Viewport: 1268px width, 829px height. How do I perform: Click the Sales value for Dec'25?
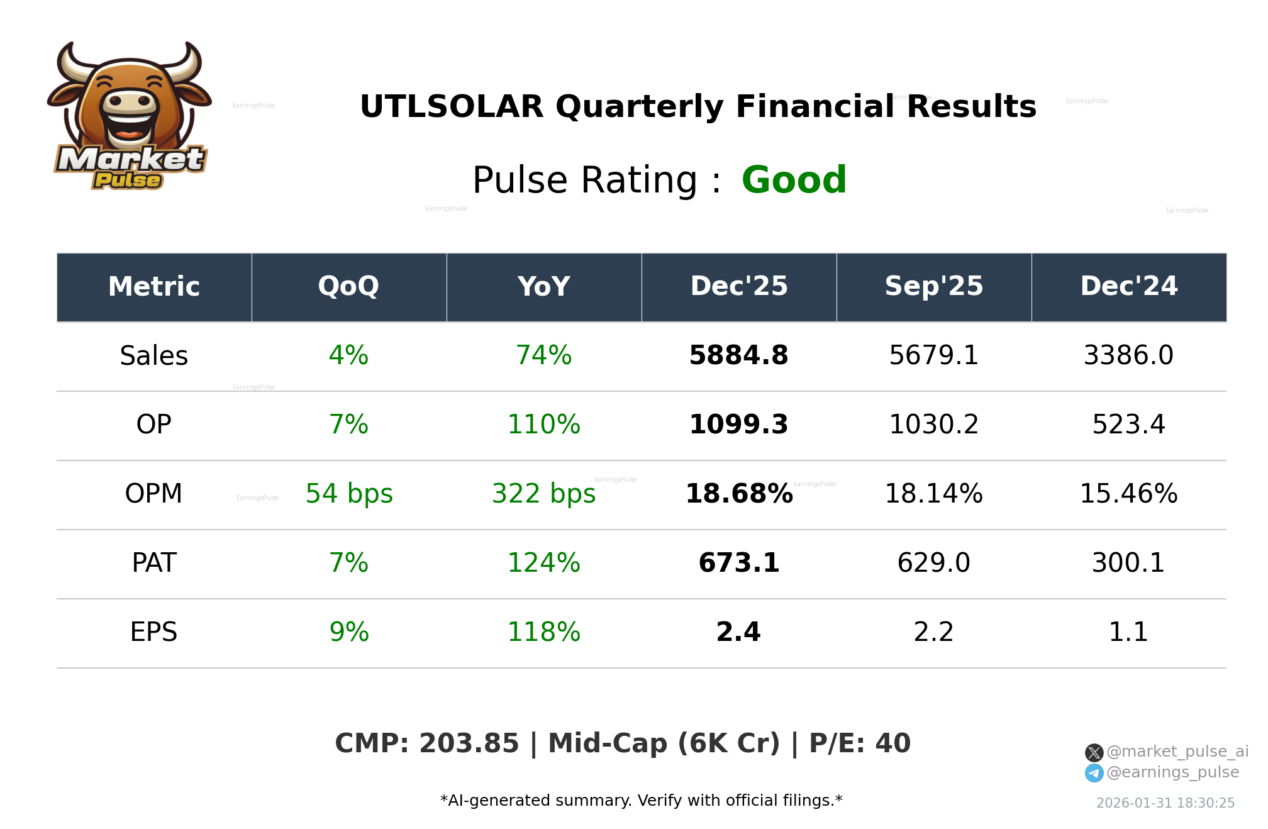coord(738,356)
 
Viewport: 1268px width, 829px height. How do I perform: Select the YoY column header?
coord(543,287)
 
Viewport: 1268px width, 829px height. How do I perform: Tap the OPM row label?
coord(153,494)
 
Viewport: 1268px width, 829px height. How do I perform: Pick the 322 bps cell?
coord(543,494)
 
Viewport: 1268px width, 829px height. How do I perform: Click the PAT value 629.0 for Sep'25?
coord(933,563)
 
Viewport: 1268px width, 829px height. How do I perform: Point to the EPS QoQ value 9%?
coord(349,632)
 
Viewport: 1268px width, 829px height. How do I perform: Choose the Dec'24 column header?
coord(1128,287)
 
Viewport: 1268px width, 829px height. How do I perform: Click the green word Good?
coord(794,181)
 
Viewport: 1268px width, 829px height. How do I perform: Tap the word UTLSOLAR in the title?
coord(451,107)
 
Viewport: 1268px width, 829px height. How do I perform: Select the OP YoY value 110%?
coord(543,425)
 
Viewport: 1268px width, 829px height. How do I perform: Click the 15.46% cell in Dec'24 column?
coord(1128,494)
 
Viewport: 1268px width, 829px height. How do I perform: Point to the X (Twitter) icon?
coord(1094,752)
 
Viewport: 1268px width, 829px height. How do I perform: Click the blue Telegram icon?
coord(1094,773)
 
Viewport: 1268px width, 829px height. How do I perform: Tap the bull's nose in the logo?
coord(130,103)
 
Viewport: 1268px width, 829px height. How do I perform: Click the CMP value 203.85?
coord(469,743)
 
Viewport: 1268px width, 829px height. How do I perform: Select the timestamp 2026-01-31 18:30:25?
coord(1165,803)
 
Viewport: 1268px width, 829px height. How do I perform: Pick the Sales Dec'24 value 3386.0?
coord(1128,356)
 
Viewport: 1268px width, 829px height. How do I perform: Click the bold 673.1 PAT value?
coord(738,563)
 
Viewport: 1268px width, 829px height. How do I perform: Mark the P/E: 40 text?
coord(859,743)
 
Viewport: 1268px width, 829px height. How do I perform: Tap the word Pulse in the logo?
coord(128,181)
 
